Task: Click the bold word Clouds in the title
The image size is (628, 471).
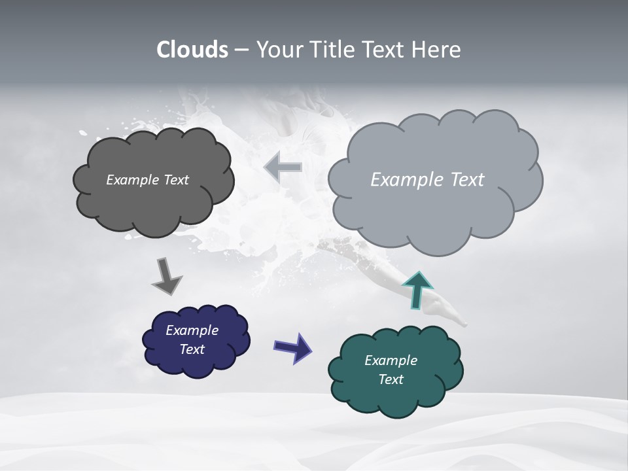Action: click(192, 50)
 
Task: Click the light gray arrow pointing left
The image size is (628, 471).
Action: click(283, 167)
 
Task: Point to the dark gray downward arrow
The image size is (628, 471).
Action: click(166, 275)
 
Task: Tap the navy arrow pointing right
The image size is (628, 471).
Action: click(292, 347)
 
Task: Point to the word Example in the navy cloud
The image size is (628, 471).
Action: click(192, 330)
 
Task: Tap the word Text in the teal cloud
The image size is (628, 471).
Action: click(391, 379)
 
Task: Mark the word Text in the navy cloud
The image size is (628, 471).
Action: click(192, 349)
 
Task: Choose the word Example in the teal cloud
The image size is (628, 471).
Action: click(391, 360)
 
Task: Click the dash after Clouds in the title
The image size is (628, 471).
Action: click(241, 50)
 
